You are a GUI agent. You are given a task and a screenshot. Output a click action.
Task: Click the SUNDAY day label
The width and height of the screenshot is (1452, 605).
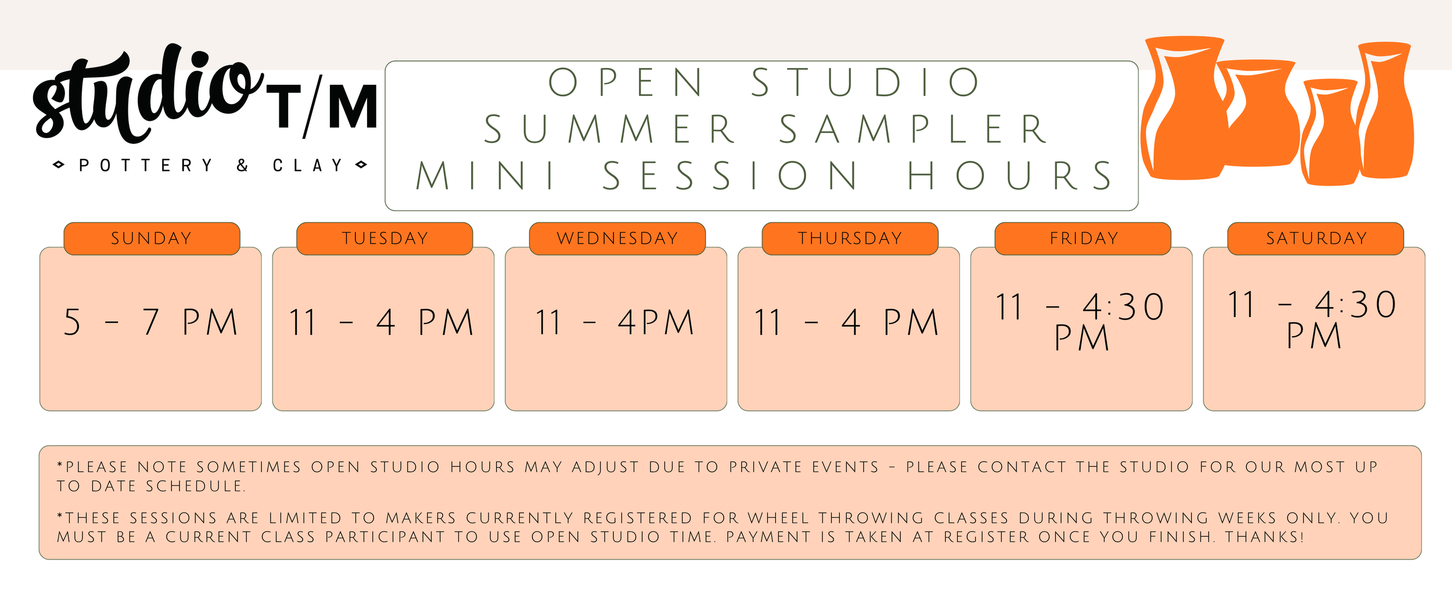coord(152,239)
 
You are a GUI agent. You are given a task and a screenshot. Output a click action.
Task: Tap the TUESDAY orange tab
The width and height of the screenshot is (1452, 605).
coord(384,239)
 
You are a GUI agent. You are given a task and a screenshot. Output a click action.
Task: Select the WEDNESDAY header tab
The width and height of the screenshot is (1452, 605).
coord(617,239)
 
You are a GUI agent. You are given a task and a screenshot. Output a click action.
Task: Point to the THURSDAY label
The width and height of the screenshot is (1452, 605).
coord(850,239)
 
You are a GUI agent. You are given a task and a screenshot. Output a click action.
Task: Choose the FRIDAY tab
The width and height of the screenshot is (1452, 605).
coord(1083,239)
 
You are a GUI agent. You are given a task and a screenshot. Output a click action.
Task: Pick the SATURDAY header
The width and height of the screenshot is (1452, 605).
coord(1316,239)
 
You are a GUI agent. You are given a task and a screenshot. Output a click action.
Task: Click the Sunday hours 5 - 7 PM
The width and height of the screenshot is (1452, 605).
coord(151,322)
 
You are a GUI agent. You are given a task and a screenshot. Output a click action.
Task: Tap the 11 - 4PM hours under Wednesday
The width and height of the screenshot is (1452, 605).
coord(615,322)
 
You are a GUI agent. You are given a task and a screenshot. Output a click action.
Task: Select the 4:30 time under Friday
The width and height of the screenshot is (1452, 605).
coord(1124,307)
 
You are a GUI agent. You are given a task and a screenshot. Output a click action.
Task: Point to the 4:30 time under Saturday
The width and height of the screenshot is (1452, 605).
coord(1356,304)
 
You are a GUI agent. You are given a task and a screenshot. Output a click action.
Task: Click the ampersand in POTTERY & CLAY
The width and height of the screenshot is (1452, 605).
coord(243,165)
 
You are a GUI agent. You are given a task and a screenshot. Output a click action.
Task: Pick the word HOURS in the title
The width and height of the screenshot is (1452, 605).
coord(1010,175)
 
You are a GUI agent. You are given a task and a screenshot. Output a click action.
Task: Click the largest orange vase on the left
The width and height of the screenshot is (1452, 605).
coord(1185,107)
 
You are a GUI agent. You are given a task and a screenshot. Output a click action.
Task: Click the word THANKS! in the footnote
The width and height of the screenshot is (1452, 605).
coord(1265,537)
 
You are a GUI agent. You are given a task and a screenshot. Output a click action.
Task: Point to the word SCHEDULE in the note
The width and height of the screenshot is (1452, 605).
coord(196,487)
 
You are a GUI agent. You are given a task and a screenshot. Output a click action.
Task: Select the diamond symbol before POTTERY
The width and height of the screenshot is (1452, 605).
coord(59,165)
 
